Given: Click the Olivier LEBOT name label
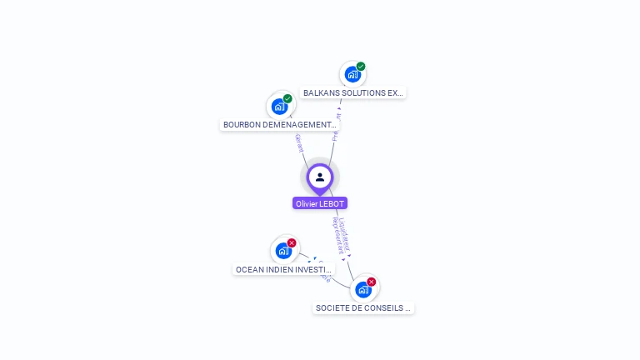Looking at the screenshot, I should [320, 203].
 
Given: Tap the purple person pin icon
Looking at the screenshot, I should [320, 177].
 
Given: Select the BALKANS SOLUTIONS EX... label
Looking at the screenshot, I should [353, 93].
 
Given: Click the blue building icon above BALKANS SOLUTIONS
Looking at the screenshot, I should [352, 74].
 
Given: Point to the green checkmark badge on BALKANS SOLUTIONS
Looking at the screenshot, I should [361, 67].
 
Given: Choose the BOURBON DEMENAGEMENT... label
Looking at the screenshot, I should [279, 125].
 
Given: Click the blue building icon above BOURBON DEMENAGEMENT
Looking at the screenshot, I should [279, 106].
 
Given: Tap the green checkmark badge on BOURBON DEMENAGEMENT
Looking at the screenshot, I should [287, 99].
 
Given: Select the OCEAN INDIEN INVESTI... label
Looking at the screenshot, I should [284, 270].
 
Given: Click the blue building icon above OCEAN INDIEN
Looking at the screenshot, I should [283, 250].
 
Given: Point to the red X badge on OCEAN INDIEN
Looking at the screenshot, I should [292, 242].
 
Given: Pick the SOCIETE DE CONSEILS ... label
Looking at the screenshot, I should [363, 308].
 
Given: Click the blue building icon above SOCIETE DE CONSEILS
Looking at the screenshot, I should [362, 289].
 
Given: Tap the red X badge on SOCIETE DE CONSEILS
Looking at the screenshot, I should [372, 282].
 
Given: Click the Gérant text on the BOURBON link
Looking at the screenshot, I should [299, 142].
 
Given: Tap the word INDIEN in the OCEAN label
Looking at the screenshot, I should [279, 270].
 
